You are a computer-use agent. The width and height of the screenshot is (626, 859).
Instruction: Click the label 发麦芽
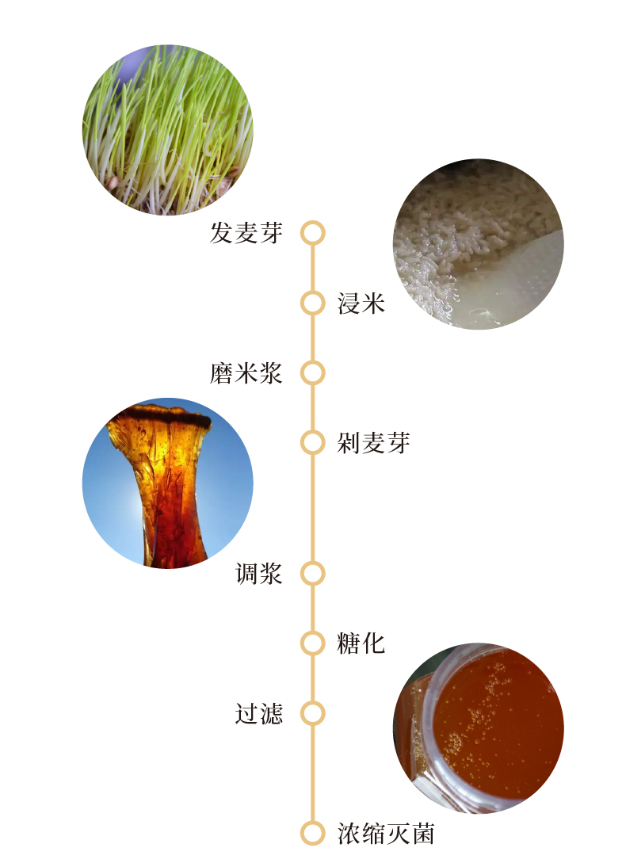tap(246, 233)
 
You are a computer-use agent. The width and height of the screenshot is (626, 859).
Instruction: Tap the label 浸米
tap(361, 303)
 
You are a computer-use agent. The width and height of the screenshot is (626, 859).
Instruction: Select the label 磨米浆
tap(246, 372)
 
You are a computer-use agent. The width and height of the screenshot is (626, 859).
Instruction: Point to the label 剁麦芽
tap(373, 442)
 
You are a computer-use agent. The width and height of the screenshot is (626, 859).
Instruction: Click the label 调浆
tap(258, 573)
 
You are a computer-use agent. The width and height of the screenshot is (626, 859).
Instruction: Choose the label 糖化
tap(361, 643)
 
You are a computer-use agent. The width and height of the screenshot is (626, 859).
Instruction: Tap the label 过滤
tap(258, 713)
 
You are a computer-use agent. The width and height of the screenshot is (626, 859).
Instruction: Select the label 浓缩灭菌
tap(386, 834)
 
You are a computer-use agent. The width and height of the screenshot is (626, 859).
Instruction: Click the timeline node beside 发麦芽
tap(313, 233)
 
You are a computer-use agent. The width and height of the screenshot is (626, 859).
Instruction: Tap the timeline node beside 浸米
tap(313, 303)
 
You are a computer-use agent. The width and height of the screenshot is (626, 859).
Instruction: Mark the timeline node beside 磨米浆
tap(313, 372)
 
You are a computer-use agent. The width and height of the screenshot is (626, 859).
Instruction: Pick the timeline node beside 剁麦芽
tap(313, 442)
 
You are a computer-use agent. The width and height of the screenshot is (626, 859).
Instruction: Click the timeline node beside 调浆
tap(313, 573)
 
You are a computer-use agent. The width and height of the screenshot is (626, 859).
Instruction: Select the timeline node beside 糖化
tap(313, 643)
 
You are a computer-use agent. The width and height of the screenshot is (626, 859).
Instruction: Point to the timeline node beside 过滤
tap(313, 713)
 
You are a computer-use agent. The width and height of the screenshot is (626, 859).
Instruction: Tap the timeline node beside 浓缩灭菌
tap(313, 834)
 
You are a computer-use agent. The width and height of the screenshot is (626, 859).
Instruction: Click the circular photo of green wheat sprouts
tap(168, 130)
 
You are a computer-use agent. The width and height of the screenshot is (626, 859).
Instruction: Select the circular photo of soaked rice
tap(478, 244)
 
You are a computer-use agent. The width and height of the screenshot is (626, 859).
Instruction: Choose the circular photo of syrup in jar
tap(478, 727)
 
